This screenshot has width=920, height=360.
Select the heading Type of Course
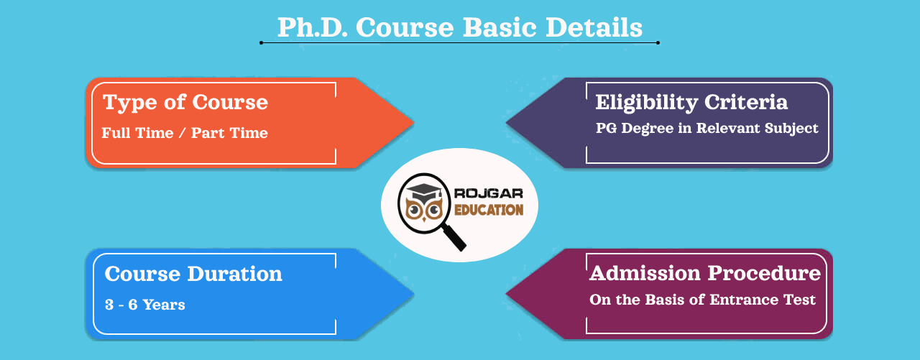[185, 102]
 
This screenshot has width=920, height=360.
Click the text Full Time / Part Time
[185, 133]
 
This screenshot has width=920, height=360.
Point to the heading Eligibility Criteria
[691, 102]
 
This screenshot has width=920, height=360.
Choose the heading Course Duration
[193, 274]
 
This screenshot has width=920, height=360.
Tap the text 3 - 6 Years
[144, 305]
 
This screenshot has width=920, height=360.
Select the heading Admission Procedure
[705, 273]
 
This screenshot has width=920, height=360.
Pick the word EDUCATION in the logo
[489, 209]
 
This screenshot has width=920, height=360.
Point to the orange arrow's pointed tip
[413, 122]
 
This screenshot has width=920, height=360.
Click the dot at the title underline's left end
[261, 43]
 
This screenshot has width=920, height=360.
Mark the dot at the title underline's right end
[658, 43]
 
